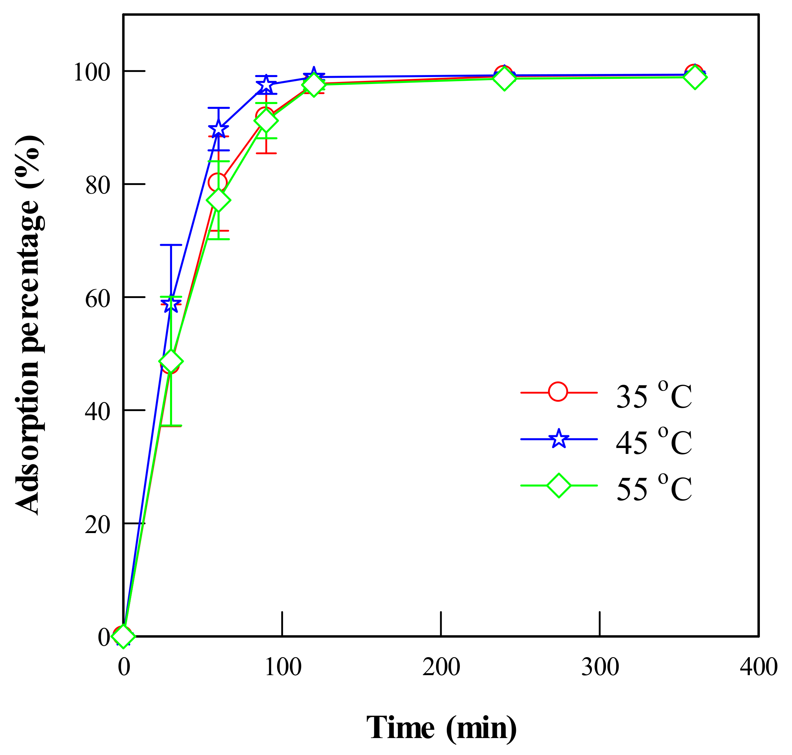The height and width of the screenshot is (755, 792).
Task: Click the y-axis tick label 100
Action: coord(91,73)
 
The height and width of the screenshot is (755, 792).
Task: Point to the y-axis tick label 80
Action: coord(97,186)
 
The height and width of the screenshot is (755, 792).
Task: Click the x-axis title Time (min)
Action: coord(441,728)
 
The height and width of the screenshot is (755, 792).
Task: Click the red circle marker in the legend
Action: coord(558,392)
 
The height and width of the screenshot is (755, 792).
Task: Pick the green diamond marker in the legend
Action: coord(559,486)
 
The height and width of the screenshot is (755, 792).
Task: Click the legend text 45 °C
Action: coord(654,441)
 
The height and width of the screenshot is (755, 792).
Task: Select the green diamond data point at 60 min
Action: coord(218,201)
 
